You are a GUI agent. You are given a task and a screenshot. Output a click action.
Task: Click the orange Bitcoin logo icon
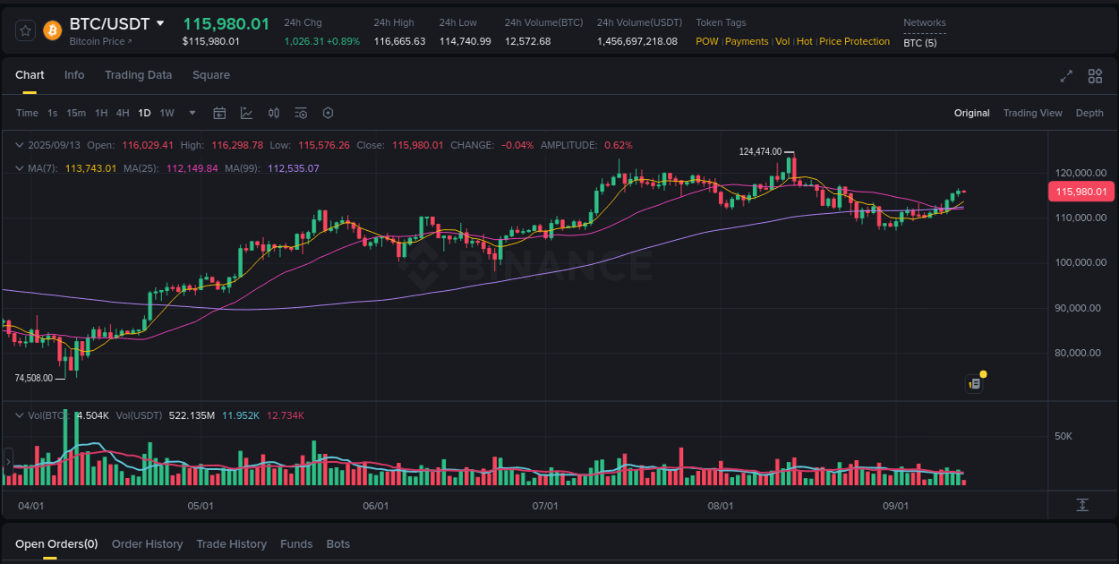[x=53, y=30]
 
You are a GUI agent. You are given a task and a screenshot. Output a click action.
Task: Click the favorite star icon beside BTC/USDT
[x=26, y=30]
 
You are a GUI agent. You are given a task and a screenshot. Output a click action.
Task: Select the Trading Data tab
[x=138, y=75]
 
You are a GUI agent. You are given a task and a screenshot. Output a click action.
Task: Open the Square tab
[x=211, y=75]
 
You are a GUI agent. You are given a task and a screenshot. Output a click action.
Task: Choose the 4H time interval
[x=123, y=113]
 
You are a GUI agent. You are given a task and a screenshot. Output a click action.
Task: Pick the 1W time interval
[x=167, y=113]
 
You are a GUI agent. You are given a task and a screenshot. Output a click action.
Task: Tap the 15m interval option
[x=76, y=113]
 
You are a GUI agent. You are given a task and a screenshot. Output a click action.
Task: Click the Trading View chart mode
[x=1032, y=113]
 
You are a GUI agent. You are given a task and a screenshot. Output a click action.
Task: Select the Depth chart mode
[x=1089, y=113]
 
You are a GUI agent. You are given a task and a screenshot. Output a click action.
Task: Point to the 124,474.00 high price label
[x=760, y=152]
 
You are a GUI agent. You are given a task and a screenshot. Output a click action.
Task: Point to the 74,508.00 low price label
[x=34, y=378]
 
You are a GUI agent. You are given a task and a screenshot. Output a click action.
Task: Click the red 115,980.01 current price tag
[x=1081, y=192]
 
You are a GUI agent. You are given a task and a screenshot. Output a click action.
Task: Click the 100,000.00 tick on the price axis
[x=1077, y=262]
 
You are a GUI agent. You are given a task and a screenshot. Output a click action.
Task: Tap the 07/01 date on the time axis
[x=545, y=506]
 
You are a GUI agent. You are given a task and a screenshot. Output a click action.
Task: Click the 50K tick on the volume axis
[x=1063, y=436]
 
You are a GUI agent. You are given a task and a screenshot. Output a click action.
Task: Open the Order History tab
[x=147, y=544]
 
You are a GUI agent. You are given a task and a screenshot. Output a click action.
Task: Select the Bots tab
[x=338, y=544]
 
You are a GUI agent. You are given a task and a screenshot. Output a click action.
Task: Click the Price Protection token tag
[x=854, y=41]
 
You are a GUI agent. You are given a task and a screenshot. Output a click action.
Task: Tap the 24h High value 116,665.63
[x=399, y=41]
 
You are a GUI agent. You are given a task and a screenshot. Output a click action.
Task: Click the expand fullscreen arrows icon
[x=1066, y=76]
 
